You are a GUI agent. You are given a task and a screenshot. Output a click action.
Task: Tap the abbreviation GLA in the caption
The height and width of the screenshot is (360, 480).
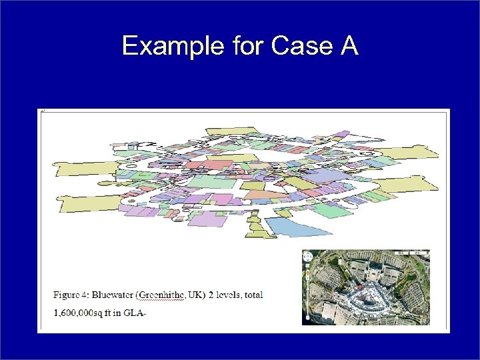coord(134,311)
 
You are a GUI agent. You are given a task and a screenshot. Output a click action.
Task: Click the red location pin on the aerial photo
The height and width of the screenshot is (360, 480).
coord(360,287)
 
